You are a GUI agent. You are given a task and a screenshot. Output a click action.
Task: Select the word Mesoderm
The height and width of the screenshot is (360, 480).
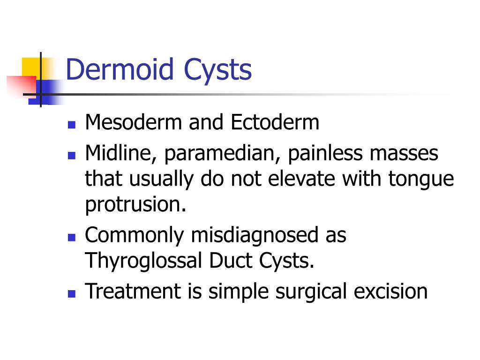click(x=133, y=123)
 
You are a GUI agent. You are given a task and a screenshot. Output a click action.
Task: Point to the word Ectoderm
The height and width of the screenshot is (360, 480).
click(x=275, y=123)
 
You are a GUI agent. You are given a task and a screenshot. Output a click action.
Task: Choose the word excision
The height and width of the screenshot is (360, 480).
click(x=390, y=291)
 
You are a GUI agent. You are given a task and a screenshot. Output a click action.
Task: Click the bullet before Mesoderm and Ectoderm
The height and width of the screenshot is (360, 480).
click(x=71, y=125)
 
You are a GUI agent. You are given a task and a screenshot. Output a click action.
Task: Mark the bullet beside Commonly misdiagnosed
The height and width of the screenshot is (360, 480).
click(x=71, y=237)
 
